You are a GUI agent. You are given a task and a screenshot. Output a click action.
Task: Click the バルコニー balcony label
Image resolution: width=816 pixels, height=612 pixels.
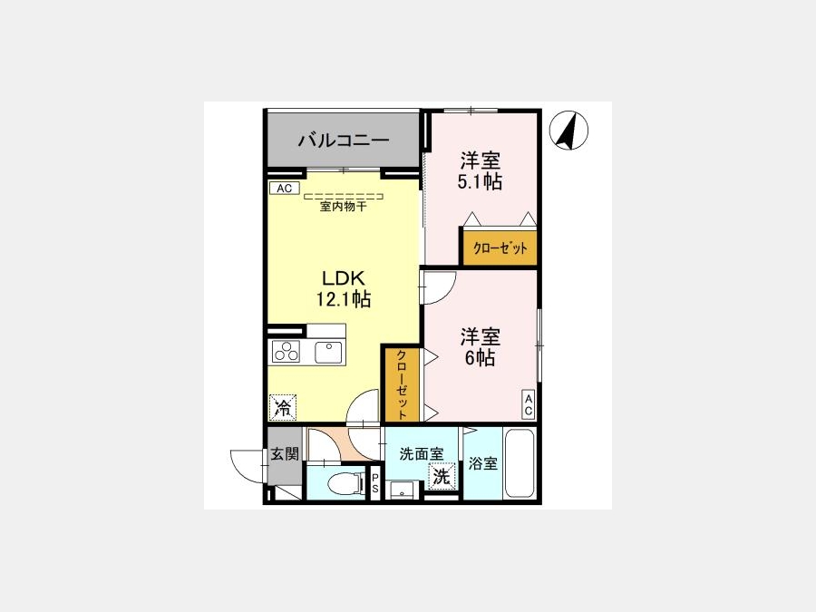tap(344, 141)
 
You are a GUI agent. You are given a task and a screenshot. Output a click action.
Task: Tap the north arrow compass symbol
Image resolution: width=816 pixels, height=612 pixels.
tap(568, 130)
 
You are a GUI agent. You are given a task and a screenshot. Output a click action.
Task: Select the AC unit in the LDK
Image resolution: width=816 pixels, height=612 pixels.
tap(284, 188)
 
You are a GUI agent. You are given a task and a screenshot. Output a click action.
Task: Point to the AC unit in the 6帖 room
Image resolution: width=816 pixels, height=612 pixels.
tap(529, 405)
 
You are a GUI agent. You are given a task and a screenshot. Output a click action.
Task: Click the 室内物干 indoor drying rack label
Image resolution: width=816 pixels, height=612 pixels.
tap(343, 207)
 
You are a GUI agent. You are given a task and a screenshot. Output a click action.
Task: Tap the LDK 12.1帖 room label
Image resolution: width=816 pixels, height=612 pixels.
tap(344, 289)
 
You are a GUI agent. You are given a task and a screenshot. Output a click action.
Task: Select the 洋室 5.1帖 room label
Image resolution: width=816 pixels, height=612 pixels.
tap(480, 170)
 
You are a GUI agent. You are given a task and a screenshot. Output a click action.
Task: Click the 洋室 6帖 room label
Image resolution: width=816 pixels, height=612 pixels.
tap(480, 347)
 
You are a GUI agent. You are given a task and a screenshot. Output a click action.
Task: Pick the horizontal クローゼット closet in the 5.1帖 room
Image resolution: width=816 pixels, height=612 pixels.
tap(500, 248)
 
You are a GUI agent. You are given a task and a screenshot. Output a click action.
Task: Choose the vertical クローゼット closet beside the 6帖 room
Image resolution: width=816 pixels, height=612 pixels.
tap(403, 384)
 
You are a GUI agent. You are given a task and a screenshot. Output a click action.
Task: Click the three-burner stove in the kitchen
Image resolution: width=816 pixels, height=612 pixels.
tap(286, 351)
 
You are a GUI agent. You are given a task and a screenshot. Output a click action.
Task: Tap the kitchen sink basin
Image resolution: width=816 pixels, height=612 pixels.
tap(328, 353)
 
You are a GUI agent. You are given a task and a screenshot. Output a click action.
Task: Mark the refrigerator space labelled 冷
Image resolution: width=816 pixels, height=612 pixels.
tap(283, 407)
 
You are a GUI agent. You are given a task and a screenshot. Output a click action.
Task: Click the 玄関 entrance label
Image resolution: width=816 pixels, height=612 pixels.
tap(285, 454)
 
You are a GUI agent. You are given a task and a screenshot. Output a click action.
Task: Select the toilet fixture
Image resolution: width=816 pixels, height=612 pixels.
tap(346, 483)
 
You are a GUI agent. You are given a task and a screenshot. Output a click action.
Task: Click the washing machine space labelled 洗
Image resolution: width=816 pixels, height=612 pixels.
tap(442, 476)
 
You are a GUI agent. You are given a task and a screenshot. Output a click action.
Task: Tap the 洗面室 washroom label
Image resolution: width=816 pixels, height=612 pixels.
tap(422, 454)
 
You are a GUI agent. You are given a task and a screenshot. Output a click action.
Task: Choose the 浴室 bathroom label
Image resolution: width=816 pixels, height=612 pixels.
tap(483, 463)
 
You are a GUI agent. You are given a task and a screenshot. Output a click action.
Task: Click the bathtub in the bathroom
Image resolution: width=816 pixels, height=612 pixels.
tap(520, 463)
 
